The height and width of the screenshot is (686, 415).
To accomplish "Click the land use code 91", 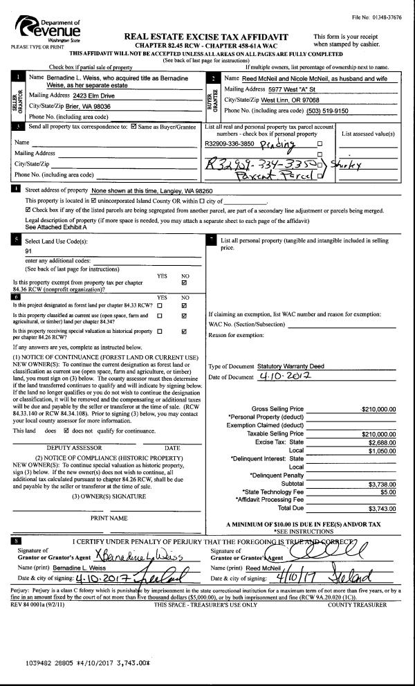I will pyautogui.click(x=28, y=251).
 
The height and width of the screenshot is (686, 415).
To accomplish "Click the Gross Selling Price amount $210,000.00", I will pyautogui.click(x=379, y=408).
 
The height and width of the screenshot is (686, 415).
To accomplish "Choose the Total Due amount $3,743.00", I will pyautogui.click(x=382, y=507).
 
